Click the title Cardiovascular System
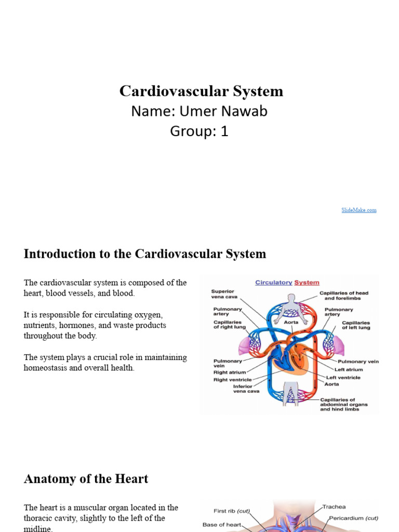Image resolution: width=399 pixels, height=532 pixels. click(x=201, y=91)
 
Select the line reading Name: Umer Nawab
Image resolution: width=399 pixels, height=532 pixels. click(x=199, y=111)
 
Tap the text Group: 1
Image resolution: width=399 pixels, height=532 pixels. click(x=199, y=131)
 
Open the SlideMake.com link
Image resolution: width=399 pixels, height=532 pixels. click(x=359, y=210)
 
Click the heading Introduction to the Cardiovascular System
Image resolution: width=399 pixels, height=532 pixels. click(x=145, y=254)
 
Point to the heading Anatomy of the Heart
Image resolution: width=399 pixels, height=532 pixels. click(x=86, y=479)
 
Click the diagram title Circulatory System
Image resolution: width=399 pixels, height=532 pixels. click(x=287, y=283)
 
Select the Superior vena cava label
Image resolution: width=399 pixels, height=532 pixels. click(x=223, y=294)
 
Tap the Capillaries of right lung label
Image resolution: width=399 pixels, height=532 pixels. click(x=228, y=325)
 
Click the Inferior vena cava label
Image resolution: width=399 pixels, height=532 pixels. click(x=242, y=389)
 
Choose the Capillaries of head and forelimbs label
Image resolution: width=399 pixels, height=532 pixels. click(x=343, y=296)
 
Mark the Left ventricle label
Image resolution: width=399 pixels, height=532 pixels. click(x=343, y=378)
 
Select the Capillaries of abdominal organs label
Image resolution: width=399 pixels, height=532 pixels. click(x=344, y=404)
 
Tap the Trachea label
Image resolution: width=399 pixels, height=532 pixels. click(x=334, y=507)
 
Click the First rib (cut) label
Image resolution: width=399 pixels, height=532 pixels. click(x=232, y=511)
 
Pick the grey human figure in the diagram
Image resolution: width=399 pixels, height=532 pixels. click(x=291, y=307)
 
